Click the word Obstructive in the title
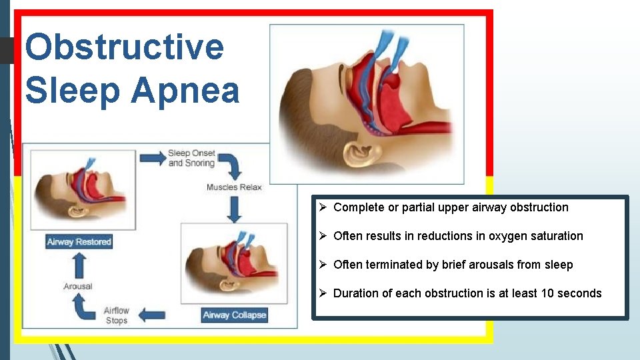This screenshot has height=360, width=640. pyautogui.click(x=124, y=47)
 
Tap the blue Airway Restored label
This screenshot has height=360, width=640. pyautogui.click(x=79, y=241)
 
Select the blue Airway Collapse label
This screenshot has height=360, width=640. pyautogui.click(x=234, y=315)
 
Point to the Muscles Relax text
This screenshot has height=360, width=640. pyautogui.click(x=234, y=187)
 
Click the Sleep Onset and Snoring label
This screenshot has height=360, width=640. pyautogui.click(x=192, y=158)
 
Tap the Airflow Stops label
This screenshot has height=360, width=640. pyautogui.click(x=117, y=315)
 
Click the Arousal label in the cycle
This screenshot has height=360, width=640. pyautogui.click(x=78, y=286)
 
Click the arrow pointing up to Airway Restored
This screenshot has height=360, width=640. pyautogui.click(x=78, y=265)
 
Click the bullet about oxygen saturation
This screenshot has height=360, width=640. pyautogui.click(x=458, y=236)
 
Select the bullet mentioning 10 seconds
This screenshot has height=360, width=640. pyautogui.click(x=467, y=293)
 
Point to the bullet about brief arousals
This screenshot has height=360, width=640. pyautogui.click(x=453, y=265)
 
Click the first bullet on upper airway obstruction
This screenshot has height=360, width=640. pyautogui.click(x=451, y=207)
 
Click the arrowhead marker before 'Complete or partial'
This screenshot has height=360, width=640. pyautogui.click(x=322, y=207)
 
